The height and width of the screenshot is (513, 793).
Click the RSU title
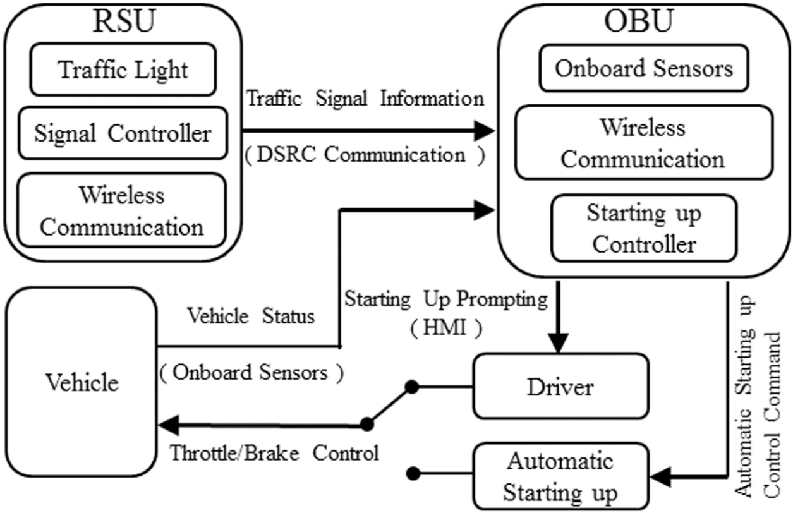pos(124,21)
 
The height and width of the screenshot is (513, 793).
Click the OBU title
pos(638,21)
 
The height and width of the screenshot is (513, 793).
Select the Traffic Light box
pos(123,69)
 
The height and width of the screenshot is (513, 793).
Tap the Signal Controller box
pos(123,133)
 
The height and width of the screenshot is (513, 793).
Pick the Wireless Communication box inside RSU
pos(122,210)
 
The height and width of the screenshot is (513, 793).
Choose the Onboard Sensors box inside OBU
pos(644,68)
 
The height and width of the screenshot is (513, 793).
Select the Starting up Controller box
pos(644,228)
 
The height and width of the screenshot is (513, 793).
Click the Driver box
pos(560,386)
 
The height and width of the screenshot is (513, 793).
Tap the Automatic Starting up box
pos(560,476)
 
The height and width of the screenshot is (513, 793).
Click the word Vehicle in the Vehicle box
pos(82,383)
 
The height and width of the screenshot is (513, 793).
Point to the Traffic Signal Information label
pos(365,98)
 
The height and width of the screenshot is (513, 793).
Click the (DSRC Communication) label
pos(365,155)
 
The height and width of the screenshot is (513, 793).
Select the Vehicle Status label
pos(251,315)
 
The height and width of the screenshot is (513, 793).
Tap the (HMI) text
pos(446,328)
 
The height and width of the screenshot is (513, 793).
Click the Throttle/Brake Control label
pos(274,453)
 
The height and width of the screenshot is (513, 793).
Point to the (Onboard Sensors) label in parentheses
pos(251,373)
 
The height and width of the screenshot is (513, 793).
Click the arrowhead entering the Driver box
pos(558,342)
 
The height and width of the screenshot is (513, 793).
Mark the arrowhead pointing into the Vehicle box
pos(169,425)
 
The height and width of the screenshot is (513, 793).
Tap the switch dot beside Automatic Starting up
pos(413,473)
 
